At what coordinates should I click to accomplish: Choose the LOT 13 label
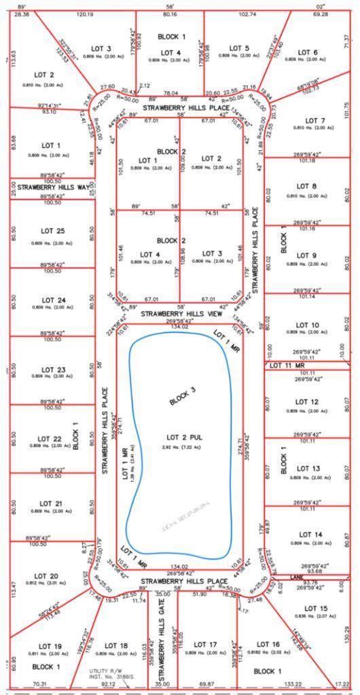coord(307,468)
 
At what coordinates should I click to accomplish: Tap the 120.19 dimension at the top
coord(85,14)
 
